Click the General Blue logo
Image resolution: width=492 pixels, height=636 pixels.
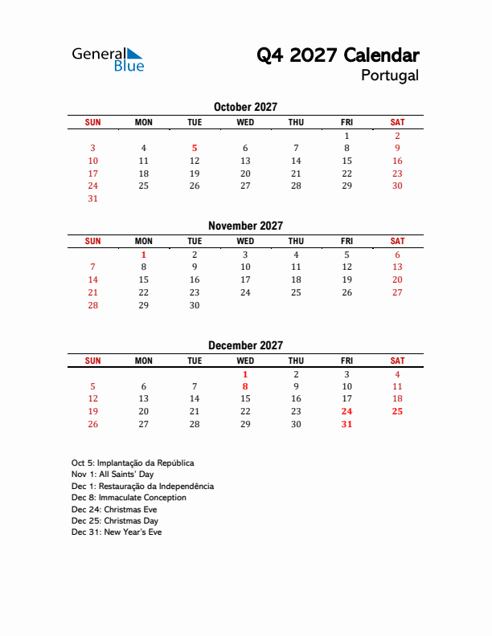coord(108,59)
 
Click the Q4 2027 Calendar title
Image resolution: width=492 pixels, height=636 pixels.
coord(337,55)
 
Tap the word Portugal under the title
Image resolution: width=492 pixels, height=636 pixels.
coord(389,75)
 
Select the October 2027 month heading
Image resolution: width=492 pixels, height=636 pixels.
coord(245,107)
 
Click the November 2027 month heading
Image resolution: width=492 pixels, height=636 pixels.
coord(245,226)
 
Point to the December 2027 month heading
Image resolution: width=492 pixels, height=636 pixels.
coord(245,345)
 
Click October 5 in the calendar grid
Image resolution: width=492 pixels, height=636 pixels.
coord(195,148)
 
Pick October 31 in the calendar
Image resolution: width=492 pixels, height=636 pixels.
coord(93,198)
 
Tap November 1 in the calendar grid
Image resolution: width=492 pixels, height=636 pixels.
coord(144,255)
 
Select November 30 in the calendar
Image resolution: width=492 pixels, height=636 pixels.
coord(195,305)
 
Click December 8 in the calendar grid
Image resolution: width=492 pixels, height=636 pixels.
coord(245,386)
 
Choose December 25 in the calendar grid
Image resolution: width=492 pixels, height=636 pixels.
coord(397,411)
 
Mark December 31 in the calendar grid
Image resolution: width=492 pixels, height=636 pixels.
coord(346,424)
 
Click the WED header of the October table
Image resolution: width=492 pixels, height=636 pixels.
coord(245,122)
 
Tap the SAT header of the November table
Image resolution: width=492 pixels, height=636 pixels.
coord(397,241)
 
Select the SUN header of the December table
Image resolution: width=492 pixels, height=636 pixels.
coord(93,361)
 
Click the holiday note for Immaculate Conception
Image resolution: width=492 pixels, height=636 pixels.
coord(129,498)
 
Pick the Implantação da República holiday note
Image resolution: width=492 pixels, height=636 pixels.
coord(133,463)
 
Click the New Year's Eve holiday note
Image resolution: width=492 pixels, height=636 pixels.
coord(117,532)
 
